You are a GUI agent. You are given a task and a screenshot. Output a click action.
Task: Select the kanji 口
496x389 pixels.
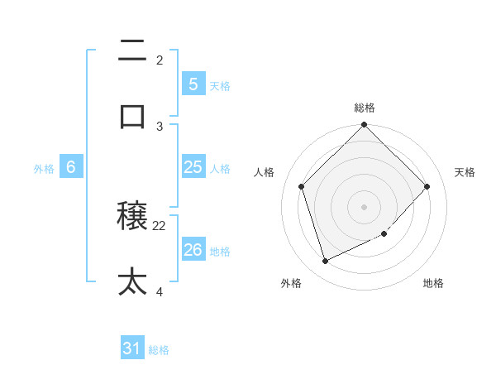[x=132, y=117]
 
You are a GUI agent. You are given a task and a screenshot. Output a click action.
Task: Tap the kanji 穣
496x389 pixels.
[x=132, y=217]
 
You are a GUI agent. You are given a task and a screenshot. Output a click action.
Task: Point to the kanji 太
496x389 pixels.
[x=132, y=282]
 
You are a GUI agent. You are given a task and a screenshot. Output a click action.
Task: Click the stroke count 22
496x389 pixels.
[x=160, y=225]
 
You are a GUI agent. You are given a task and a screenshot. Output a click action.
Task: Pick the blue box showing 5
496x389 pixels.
[x=193, y=84]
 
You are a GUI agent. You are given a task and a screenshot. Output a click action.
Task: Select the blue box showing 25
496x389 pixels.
[x=193, y=167]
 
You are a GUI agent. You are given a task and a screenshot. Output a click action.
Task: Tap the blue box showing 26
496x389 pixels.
[x=193, y=249]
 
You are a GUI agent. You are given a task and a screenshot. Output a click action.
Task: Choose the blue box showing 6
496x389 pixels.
[x=71, y=167]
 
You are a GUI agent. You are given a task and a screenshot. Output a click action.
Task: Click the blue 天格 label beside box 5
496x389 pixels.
[x=220, y=85]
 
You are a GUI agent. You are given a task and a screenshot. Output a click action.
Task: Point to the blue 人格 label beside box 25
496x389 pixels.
[x=220, y=169]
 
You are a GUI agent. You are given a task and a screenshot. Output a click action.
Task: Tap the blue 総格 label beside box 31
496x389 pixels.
[x=159, y=351]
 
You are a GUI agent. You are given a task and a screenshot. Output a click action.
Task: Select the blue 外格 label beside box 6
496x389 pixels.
[x=44, y=169]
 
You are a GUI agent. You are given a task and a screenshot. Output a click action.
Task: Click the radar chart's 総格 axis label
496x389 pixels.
[x=365, y=108]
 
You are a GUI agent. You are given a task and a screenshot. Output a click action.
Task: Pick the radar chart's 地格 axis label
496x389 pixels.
[x=433, y=283]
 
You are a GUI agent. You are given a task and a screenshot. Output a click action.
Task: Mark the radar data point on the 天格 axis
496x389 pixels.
[x=427, y=186]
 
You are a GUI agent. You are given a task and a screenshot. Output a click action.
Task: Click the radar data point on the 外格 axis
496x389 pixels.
[x=326, y=262]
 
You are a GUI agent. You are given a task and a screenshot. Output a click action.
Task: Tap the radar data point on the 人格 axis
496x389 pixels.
[x=302, y=186]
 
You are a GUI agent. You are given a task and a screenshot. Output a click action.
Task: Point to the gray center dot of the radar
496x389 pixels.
[x=365, y=207]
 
